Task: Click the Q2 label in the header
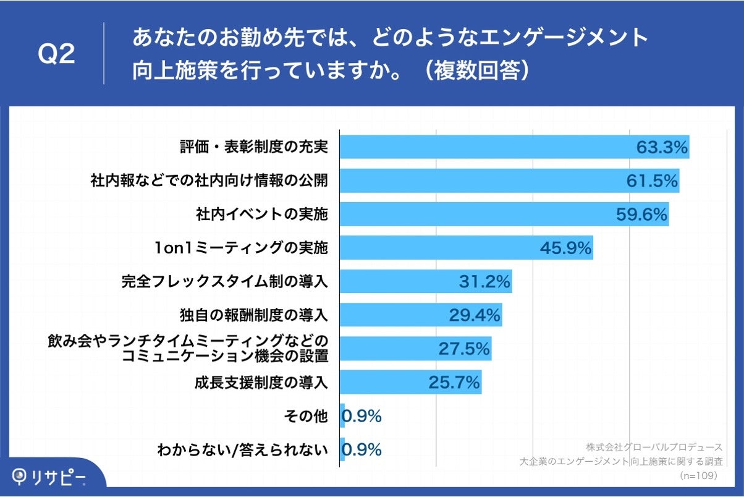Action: tap(56, 54)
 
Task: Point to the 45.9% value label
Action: tap(566, 248)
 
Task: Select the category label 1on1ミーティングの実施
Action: tap(241, 248)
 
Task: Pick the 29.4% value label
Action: tap(475, 315)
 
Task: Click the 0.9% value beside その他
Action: tap(361, 416)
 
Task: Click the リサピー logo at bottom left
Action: tap(49, 476)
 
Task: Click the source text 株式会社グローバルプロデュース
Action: tap(654, 446)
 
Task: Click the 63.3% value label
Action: tap(662, 147)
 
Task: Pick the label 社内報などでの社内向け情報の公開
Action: tap(208, 181)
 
